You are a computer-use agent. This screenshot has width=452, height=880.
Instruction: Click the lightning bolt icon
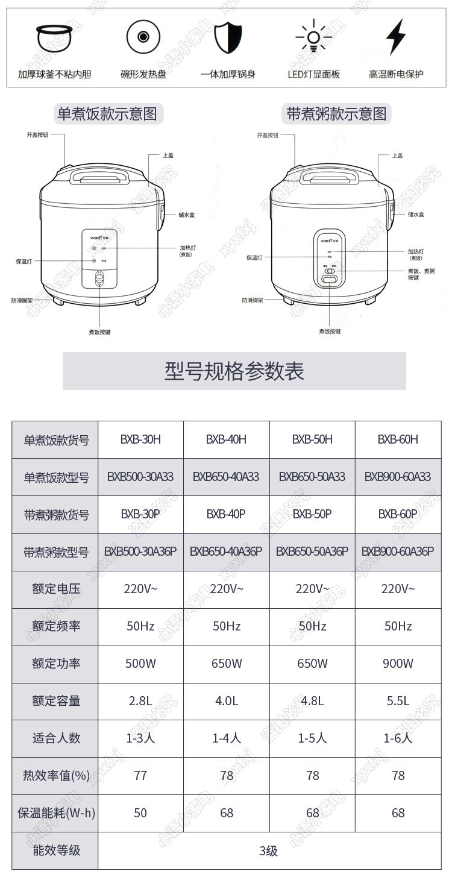[x=395, y=37]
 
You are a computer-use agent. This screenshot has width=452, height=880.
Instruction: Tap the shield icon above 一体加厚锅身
[x=227, y=37]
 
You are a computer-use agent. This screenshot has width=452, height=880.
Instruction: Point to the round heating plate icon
[x=143, y=37]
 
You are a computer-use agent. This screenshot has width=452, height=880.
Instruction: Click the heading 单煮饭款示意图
[x=107, y=114]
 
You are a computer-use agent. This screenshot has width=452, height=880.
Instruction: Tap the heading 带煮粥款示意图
[x=336, y=114]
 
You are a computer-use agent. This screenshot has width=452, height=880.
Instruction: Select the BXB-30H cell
[x=140, y=439]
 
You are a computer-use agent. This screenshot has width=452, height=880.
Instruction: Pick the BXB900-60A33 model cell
[x=398, y=477]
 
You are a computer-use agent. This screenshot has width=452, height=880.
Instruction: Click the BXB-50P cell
[x=312, y=514]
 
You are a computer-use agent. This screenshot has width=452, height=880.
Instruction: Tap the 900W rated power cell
[x=398, y=664]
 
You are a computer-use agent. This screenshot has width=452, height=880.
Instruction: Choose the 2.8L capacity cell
[x=140, y=701]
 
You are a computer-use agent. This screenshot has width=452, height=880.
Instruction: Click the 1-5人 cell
[x=312, y=738]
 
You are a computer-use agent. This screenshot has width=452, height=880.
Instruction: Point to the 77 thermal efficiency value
[x=140, y=776]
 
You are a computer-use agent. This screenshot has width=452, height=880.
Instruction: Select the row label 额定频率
[x=55, y=626]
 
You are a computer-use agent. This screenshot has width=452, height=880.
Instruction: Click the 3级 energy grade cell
[x=269, y=850]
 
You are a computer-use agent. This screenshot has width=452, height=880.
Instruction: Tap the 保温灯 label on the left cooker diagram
[x=24, y=261]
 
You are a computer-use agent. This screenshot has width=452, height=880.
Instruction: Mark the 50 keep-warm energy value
[x=140, y=813]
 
